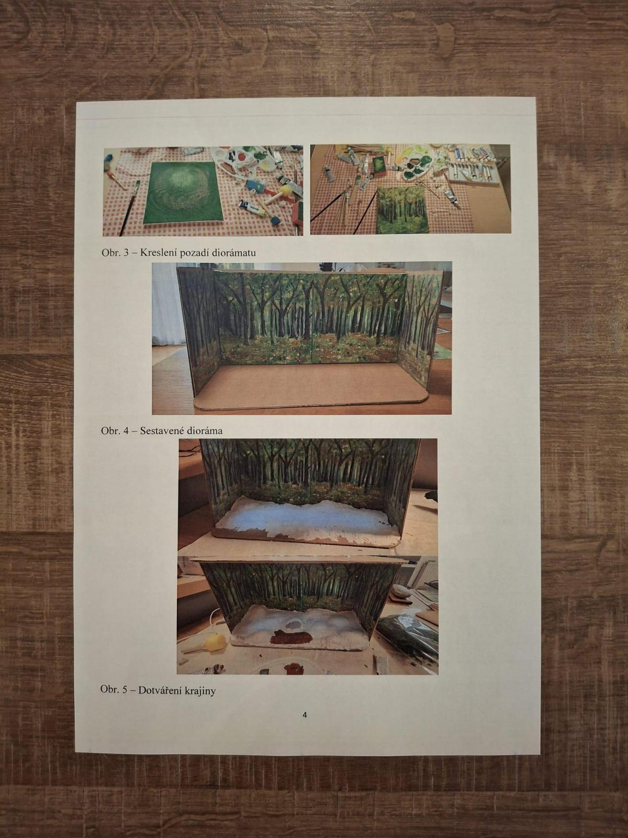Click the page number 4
point(304,715)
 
